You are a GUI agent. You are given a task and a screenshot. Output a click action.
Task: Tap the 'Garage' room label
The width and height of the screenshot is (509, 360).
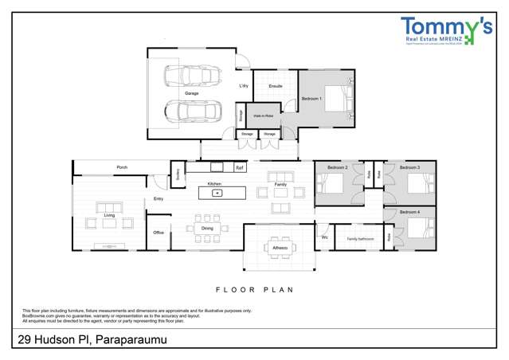192,93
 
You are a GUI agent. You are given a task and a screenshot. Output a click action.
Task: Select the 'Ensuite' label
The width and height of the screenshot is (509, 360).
276,86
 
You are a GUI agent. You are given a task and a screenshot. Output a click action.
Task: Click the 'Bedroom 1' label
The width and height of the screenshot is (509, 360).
311,99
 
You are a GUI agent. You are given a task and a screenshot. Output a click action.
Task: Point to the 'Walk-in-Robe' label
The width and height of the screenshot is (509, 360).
263,115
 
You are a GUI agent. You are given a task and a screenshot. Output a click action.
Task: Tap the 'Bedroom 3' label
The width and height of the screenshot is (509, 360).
409,168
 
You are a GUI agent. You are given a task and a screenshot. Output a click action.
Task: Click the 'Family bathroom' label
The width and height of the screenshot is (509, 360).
360,238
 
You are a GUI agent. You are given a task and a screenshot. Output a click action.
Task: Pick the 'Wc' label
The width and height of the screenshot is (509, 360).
325,237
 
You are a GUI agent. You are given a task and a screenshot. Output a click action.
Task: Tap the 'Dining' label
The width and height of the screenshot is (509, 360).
207,229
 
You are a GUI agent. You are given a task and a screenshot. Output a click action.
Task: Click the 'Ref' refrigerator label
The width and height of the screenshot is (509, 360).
239,168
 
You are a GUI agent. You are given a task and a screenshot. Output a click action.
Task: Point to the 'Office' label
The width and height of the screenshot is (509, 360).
159,233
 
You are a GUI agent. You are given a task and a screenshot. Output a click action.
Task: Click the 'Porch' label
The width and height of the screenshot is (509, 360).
122,167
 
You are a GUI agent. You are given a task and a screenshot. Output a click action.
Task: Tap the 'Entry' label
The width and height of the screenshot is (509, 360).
159,199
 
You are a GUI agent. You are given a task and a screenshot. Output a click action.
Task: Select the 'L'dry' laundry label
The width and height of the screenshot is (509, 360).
244,85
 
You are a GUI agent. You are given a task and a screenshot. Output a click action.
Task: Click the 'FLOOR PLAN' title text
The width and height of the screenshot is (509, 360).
255,290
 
